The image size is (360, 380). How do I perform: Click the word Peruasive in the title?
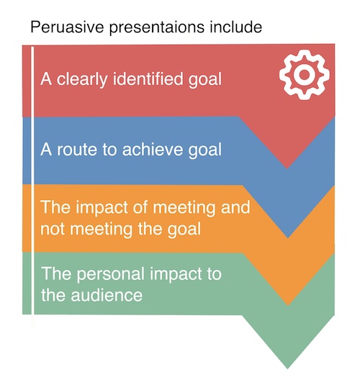[67, 27]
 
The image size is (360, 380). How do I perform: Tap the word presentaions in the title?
[157, 27]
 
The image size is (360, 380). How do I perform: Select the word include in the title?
[236, 27]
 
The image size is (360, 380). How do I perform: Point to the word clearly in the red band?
[82, 79]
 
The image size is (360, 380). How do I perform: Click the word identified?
[148, 78]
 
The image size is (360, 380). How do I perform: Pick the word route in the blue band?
[77, 150]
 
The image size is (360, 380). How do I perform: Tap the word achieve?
[152, 149]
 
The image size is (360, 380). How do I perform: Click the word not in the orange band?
[53, 229]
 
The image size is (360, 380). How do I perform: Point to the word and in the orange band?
[235, 207]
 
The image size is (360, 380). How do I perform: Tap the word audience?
[107, 295]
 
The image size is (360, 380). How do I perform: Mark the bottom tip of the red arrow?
[287, 168]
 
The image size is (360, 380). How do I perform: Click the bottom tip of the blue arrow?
[288, 237]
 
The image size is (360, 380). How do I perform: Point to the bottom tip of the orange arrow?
[288, 305]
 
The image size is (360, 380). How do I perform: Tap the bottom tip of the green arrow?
[287, 369]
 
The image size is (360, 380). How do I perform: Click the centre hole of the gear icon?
[305, 75]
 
